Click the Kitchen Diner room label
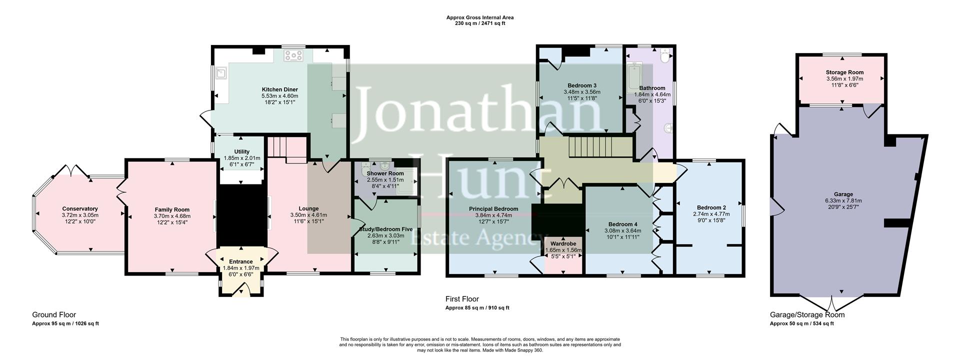point(279,89)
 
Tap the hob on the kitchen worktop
point(293,55)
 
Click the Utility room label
point(241,151)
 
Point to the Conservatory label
point(80,209)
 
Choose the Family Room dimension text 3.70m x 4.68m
point(172,216)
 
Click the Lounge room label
point(308,208)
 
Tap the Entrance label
point(240,261)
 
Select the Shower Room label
point(385,173)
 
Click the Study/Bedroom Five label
point(385,229)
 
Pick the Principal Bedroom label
point(493,209)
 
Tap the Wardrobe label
point(563,244)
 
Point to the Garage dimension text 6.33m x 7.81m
point(843,201)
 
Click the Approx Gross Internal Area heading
point(479,17)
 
